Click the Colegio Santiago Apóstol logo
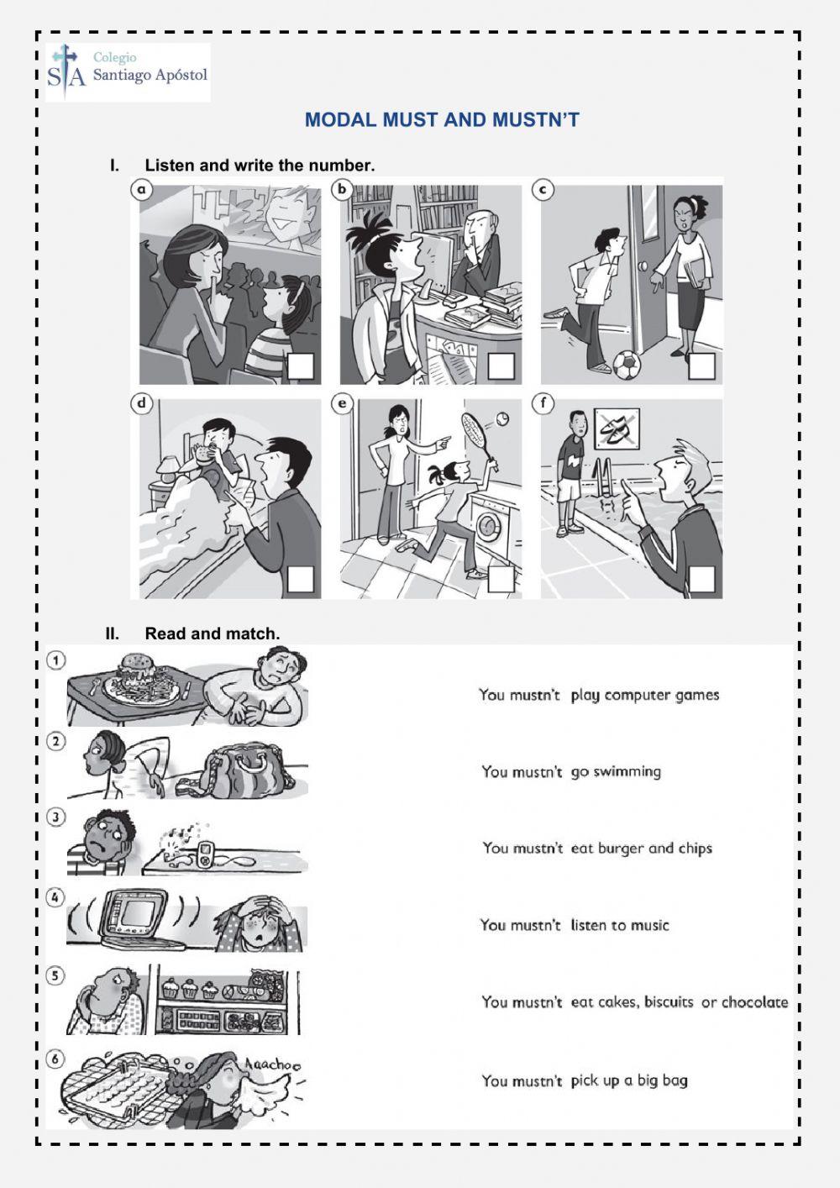pos(128,72)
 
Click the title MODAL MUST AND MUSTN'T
pos(443,120)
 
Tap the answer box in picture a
pos(301,366)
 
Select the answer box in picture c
pos(701,366)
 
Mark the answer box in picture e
pos(501,579)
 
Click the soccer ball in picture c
pos(627,363)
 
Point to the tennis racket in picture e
pos(479,435)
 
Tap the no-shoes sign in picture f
pos(617,427)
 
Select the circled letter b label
pos(342,189)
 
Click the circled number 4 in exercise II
pos(56,897)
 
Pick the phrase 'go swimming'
pos(616,772)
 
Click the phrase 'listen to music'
pos(620,926)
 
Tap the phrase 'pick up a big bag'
pos(629,1080)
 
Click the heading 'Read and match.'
pos(213,633)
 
